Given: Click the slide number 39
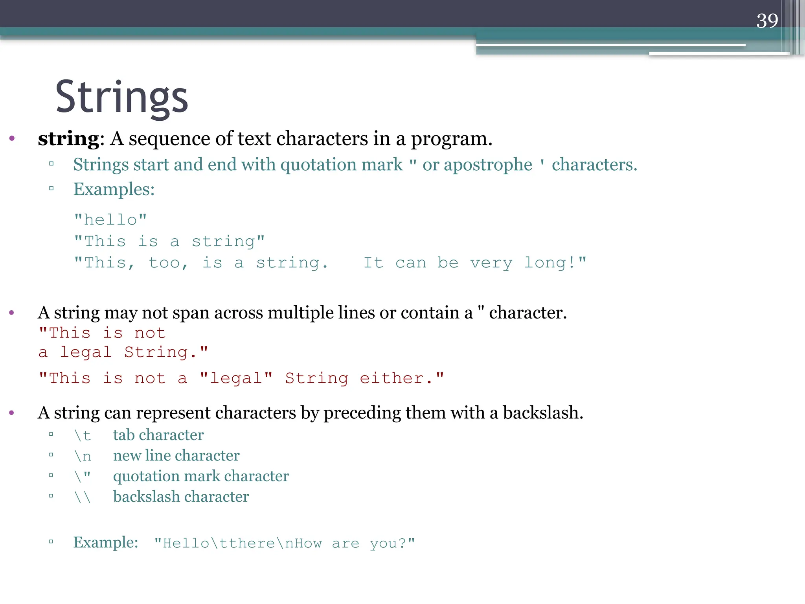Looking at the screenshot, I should click(767, 21).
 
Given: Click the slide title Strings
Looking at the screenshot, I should click(122, 97).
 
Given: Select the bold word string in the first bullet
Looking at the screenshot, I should click(68, 139).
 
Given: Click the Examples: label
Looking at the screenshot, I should click(114, 190).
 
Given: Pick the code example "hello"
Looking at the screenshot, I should click(110, 220).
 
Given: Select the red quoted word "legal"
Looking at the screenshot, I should click(236, 378).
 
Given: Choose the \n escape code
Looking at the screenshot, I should click(83, 456).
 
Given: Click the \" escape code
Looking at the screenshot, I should click(83, 476).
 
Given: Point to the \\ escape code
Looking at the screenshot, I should click(83, 497).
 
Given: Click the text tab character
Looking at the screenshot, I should click(158, 435).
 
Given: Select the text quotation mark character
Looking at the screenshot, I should click(201, 476).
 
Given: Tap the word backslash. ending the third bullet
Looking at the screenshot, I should click(543, 413).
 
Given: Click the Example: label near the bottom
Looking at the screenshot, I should click(106, 543).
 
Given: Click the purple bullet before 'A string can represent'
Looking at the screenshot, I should click(12, 413).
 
